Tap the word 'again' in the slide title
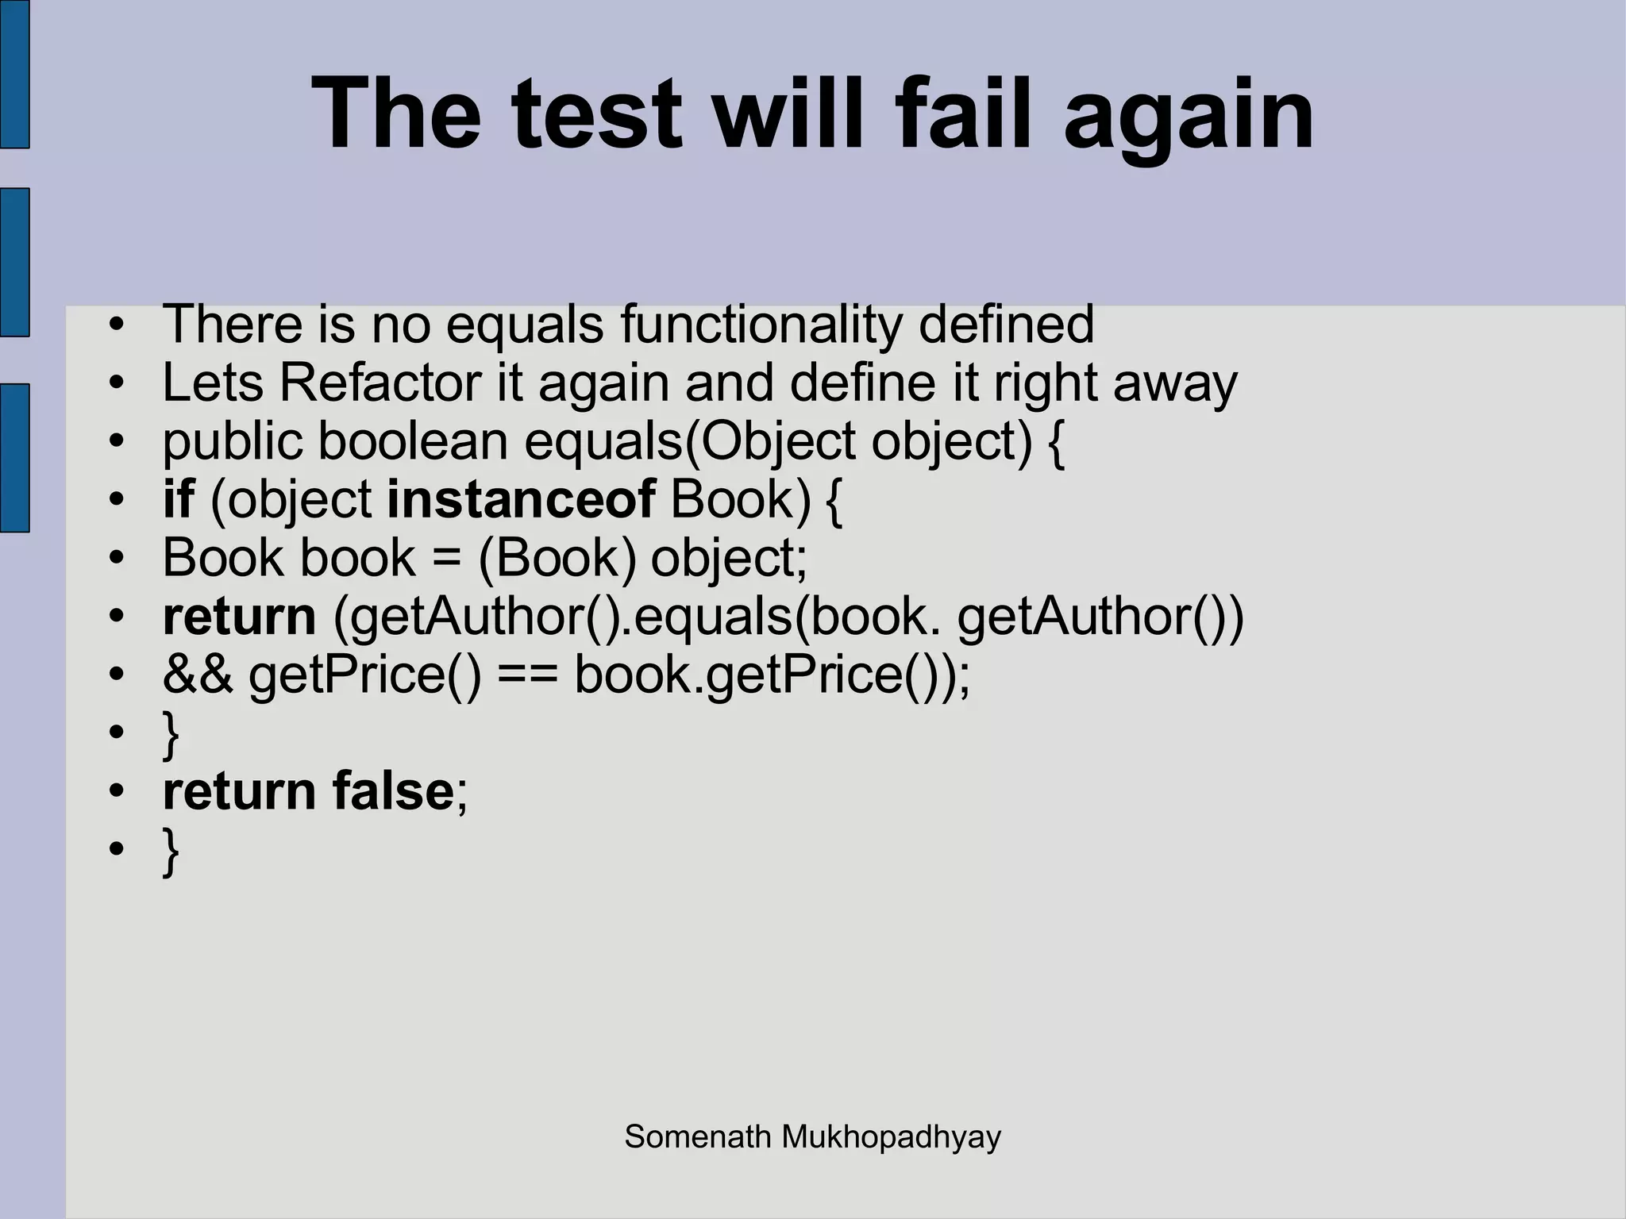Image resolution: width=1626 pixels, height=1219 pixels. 1189,119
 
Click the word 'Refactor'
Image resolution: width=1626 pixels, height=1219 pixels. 380,383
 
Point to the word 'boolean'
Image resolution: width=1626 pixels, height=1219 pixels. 413,441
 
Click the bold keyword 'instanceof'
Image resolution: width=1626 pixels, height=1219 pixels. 521,500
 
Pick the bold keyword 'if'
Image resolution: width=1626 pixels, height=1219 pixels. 178,500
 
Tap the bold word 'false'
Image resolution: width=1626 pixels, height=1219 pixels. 392,791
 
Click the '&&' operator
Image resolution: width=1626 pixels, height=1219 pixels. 198,675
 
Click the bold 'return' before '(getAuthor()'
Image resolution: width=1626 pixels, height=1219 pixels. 239,617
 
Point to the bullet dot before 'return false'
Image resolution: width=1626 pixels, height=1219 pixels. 117,792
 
